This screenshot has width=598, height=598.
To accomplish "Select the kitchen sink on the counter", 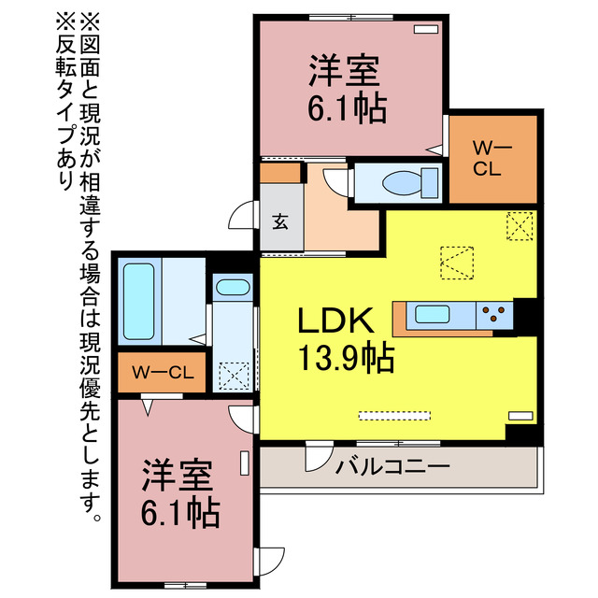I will pos(434,314).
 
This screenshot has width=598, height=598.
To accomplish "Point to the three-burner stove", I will pos(496,314).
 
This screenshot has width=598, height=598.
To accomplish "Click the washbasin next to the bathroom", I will pos(231,289).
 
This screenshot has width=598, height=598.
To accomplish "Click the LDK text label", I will pos(335,322).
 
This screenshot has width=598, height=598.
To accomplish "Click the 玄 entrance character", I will pos(279,222).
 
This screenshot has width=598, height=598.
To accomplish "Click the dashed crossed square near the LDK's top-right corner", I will pos(520,226).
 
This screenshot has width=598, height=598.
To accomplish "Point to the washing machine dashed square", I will pos(232,376).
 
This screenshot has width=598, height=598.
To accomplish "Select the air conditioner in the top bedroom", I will pos(425,29).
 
